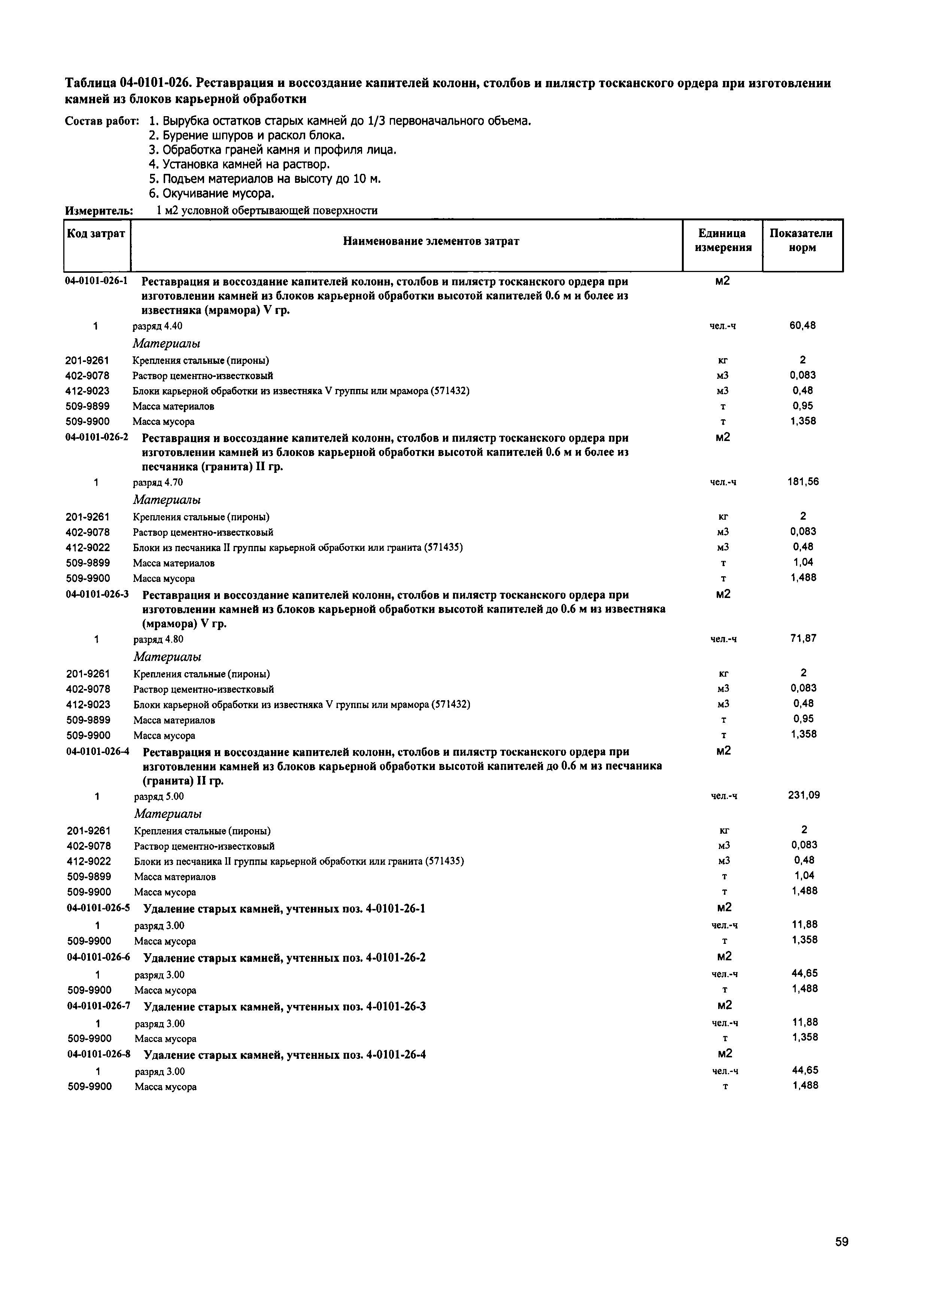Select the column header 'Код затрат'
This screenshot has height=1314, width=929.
coord(96,233)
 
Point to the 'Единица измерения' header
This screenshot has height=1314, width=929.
coord(722,241)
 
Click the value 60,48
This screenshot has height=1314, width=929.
coord(802,326)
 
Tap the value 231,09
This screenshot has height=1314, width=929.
coord(804,795)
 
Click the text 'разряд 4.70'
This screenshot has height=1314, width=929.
coord(158,483)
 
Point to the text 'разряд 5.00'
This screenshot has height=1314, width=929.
coord(159,796)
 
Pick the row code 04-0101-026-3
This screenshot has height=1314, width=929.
coord(98,595)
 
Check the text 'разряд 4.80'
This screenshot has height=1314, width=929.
coord(158,639)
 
